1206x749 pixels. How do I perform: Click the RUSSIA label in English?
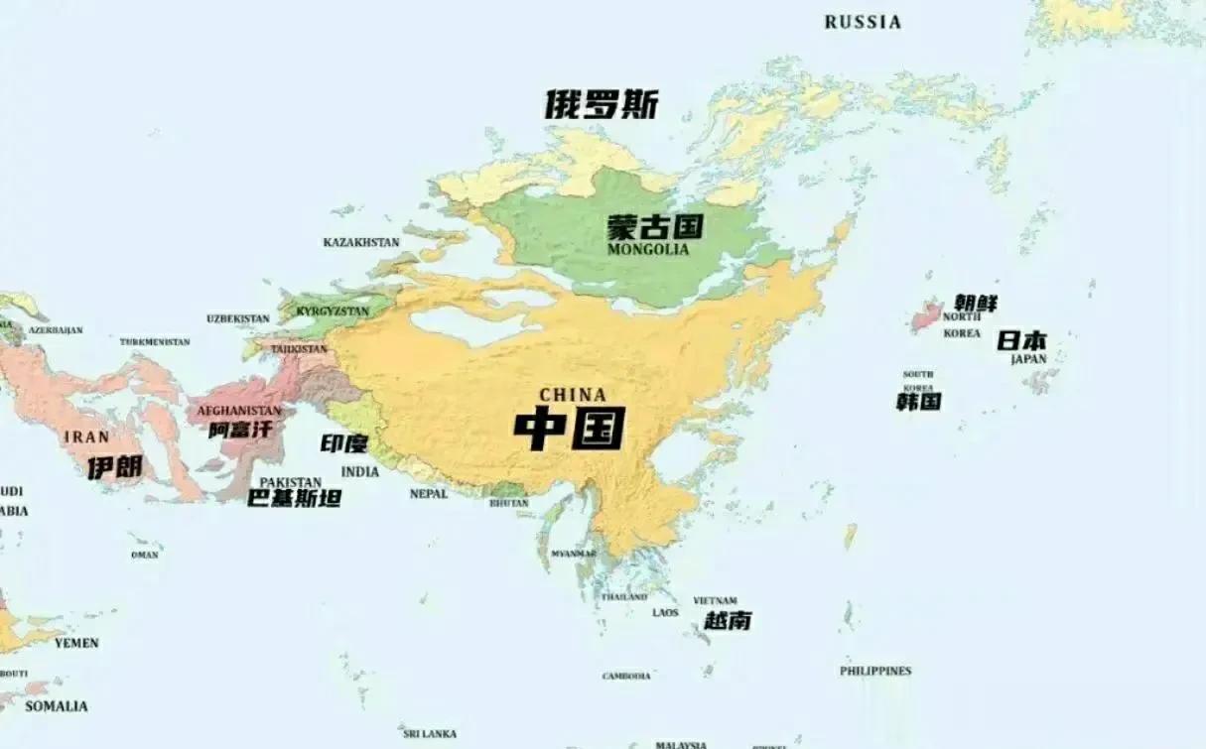863,22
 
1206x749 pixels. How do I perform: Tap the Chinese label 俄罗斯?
602,104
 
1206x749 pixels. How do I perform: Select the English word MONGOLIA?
647,249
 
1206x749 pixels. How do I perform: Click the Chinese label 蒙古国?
655,227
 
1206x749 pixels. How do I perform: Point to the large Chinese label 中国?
570,429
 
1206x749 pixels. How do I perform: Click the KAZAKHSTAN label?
361,242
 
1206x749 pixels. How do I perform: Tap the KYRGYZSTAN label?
333,312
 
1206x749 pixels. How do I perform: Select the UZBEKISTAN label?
237,318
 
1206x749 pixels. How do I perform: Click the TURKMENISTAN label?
155,342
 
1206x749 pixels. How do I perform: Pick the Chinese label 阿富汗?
239,430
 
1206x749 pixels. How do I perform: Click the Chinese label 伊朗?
114,467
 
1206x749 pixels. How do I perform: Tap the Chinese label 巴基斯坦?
294,498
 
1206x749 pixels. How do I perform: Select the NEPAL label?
429,493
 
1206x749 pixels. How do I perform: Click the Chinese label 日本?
1022,340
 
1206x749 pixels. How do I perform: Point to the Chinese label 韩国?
918,402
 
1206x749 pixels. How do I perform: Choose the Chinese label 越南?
728,621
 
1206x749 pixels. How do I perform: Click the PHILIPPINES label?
875,671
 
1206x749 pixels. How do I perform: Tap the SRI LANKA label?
430,733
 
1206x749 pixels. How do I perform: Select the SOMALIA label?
56,706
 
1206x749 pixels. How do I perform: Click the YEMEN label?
76,643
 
